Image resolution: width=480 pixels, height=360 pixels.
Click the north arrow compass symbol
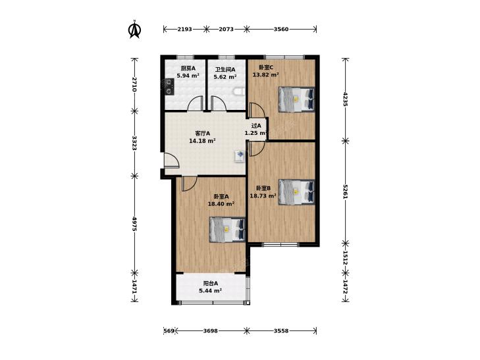(x=134, y=30)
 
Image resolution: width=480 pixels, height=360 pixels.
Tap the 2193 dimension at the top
(x=184, y=30)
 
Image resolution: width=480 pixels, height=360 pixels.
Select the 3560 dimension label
(x=281, y=30)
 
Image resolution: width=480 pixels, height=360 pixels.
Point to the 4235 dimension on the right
(x=345, y=99)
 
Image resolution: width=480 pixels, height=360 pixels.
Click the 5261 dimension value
(x=345, y=192)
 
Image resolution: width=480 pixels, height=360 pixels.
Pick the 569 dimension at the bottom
(x=169, y=330)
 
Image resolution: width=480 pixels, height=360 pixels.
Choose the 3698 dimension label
(x=210, y=330)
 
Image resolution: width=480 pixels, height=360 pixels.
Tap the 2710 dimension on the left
(x=134, y=84)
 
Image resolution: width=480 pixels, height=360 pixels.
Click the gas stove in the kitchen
(x=169, y=87)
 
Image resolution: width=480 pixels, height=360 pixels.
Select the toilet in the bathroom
(x=240, y=91)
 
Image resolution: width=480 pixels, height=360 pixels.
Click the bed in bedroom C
(x=297, y=99)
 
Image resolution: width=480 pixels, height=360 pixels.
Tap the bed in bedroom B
(x=297, y=192)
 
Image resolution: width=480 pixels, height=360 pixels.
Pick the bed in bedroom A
(x=227, y=230)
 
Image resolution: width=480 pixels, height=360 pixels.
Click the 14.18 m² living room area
(x=202, y=141)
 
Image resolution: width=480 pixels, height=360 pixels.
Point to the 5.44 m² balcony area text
(x=210, y=291)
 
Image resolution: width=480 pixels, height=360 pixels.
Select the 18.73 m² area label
(x=263, y=195)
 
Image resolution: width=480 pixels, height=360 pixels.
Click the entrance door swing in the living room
(x=171, y=160)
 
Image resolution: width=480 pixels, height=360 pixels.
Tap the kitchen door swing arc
(x=195, y=103)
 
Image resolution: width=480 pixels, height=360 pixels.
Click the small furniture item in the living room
(x=240, y=155)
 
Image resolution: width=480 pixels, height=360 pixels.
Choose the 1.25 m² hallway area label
(x=257, y=133)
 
